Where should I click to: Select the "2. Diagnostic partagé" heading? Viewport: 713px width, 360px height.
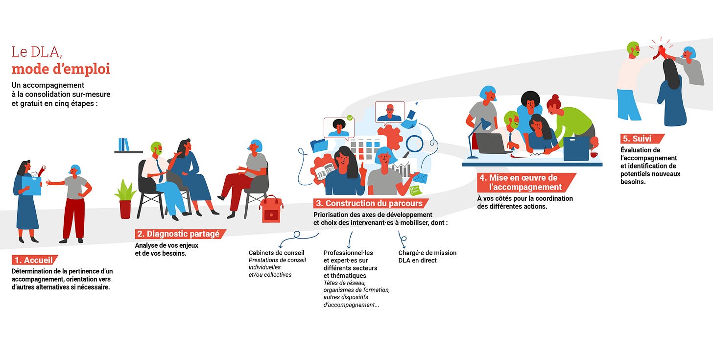click(x=180, y=234)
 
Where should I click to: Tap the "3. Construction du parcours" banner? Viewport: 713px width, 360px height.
click(x=371, y=203)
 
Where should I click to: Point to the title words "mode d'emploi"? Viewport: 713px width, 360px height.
click(x=61, y=69)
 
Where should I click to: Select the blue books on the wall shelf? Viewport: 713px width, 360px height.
click(x=124, y=144)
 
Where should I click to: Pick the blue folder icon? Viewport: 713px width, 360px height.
click(x=319, y=145)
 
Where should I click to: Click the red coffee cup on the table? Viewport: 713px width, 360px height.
click(x=594, y=155)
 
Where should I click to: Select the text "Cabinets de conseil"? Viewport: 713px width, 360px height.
click(x=276, y=253)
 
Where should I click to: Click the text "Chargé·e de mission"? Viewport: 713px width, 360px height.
click(x=427, y=253)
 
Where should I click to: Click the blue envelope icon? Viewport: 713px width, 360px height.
click(x=420, y=177)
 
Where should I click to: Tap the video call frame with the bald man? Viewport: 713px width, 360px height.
click(x=390, y=112)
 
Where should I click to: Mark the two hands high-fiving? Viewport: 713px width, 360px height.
click(x=661, y=50)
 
